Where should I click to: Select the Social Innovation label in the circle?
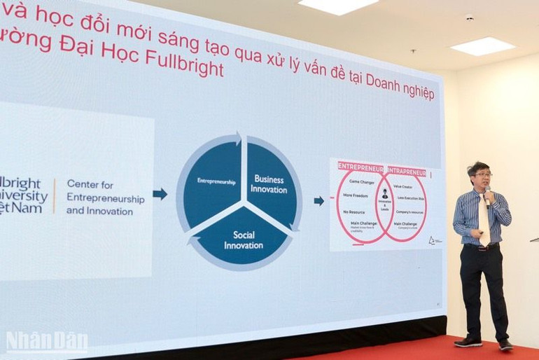[x=244, y=240]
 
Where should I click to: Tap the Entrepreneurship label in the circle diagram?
[x=216, y=181]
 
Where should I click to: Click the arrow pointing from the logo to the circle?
[x=160, y=194]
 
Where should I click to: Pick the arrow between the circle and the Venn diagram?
[x=318, y=201]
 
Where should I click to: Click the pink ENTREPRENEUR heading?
[x=360, y=167]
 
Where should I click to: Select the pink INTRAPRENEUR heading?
[x=407, y=170]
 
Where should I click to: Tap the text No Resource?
[x=354, y=212]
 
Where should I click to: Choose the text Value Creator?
[x=407, y=186]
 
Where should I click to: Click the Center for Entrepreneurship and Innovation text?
[x=105, y=197]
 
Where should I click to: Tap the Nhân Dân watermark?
[x=46, y=342]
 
